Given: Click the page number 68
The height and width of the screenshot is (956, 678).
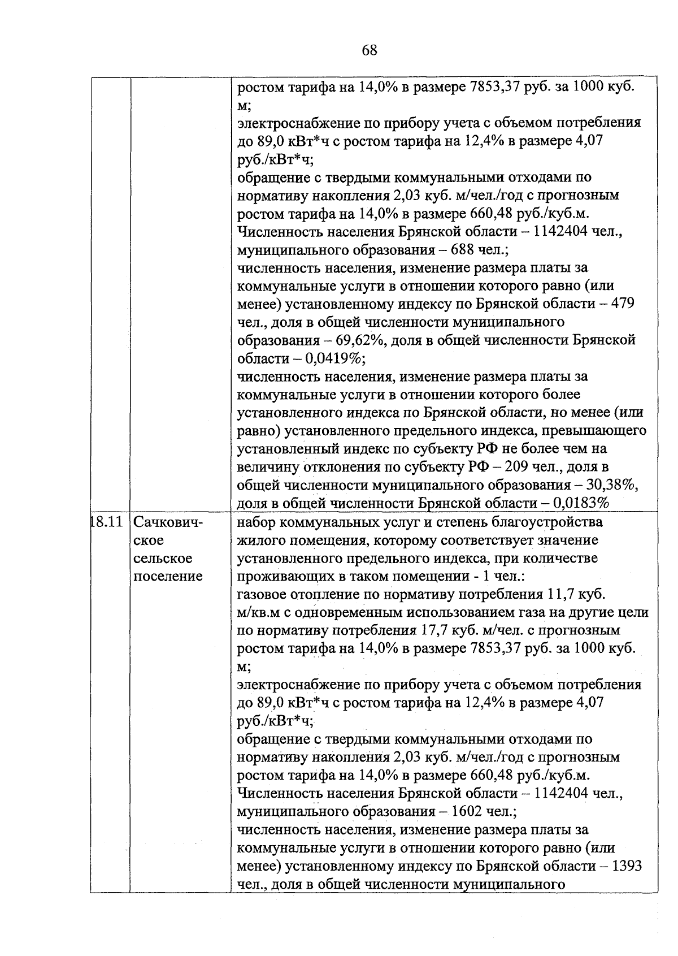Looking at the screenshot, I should coord(369,50).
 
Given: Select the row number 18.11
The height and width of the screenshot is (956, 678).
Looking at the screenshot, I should coord(107,522).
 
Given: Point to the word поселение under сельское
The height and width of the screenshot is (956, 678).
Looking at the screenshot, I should coord(168,576).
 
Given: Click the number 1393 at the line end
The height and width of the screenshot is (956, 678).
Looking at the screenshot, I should coord(627,866).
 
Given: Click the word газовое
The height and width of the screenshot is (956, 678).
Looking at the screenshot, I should coord(262,594).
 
